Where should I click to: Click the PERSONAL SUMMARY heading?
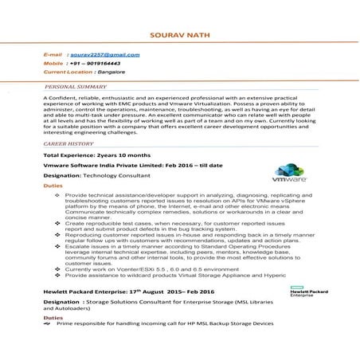coord(76,85)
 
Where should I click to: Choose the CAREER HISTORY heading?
coord(68,143)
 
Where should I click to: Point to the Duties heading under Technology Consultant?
coord(52,184)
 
